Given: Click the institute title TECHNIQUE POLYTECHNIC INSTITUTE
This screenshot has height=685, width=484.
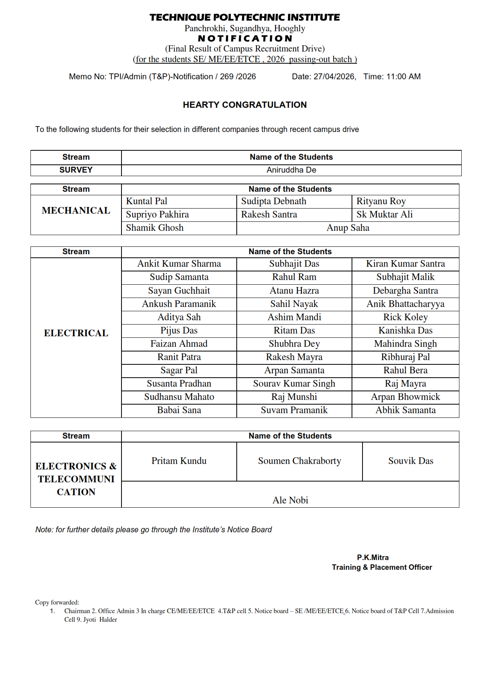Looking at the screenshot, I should click(245, 17).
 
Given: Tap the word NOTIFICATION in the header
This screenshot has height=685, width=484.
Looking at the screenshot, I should click(245, 38).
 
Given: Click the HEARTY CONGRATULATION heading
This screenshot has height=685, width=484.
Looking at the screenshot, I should click(245, 105).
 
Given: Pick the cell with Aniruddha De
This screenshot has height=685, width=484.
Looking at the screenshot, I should click(291, 170).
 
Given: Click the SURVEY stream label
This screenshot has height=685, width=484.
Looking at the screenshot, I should click(76, 170).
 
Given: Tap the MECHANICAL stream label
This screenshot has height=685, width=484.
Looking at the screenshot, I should click(76, 210).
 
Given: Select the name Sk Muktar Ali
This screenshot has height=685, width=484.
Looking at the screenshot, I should click(384, 214).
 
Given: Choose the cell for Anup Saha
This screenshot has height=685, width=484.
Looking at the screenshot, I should click(348, 228).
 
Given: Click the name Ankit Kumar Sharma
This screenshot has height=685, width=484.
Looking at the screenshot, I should click(179, 264).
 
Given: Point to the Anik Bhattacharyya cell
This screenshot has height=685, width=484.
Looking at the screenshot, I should click(405, 304).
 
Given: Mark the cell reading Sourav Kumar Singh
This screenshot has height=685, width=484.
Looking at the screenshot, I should click(294, 384).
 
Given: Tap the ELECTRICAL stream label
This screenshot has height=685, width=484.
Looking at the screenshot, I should click(76, 333).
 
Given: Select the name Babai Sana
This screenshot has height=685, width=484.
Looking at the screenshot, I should click(179, 410).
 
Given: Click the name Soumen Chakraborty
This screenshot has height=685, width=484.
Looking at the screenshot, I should click(299, 461).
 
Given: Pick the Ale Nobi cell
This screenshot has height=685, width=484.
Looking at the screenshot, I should click(290, 500).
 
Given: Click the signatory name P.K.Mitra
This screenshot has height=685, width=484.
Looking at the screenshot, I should click(373, 557).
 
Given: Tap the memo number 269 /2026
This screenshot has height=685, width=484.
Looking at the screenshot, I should click(238, 77).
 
